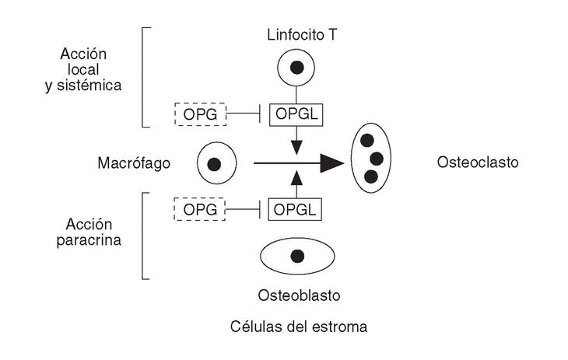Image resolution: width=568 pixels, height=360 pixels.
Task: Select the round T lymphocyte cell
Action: pyautogui.click(x=296, y=68)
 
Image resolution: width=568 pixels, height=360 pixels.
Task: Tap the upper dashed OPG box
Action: pyautogui.click(x=200, y=115)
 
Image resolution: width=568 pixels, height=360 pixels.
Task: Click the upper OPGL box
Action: pyautogui.click(x=296, y=115)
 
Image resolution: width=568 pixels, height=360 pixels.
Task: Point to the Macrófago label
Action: pyautogui.click(x=134, y=163)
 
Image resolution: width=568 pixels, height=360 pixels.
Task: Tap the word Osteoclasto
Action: pyautogui.click(x=478, y=163)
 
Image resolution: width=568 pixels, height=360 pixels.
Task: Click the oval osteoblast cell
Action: pyautogui.click(x=296, y=256)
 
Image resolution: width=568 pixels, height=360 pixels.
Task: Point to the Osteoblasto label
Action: pyautogui.click(x=299, y=296)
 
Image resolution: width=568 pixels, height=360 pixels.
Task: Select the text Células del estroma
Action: pyautogui.click(x=299, y=327)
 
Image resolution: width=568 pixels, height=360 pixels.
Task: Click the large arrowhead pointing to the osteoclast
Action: pyautogui.click(x=332, y=163)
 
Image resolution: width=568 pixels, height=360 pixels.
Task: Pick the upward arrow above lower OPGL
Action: pyautogui.click(x=296, y=178)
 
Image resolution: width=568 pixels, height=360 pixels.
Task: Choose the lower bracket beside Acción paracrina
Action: pyautogui.click(x=144, y=236)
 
